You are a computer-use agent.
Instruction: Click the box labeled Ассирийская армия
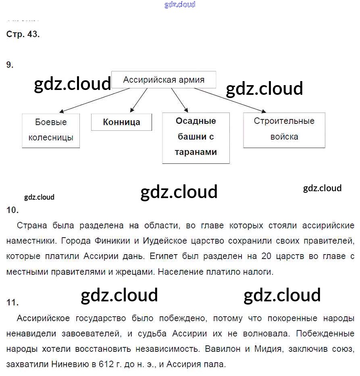point(164,80)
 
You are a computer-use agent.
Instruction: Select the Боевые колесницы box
point(51,130)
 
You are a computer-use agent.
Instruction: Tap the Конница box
point(121,122)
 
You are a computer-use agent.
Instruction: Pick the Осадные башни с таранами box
point(196,137)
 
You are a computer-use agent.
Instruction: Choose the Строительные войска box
point(284,129)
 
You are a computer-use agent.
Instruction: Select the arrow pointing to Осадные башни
point(179,100)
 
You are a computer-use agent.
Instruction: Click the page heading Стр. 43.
point(23,34)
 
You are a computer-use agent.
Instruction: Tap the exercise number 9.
point(10,65)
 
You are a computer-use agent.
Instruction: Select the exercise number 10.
point(12,210)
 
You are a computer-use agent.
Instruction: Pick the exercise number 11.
point(12,303)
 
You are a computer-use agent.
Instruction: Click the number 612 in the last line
point(106,364)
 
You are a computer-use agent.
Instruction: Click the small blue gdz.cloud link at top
point(180,4)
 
